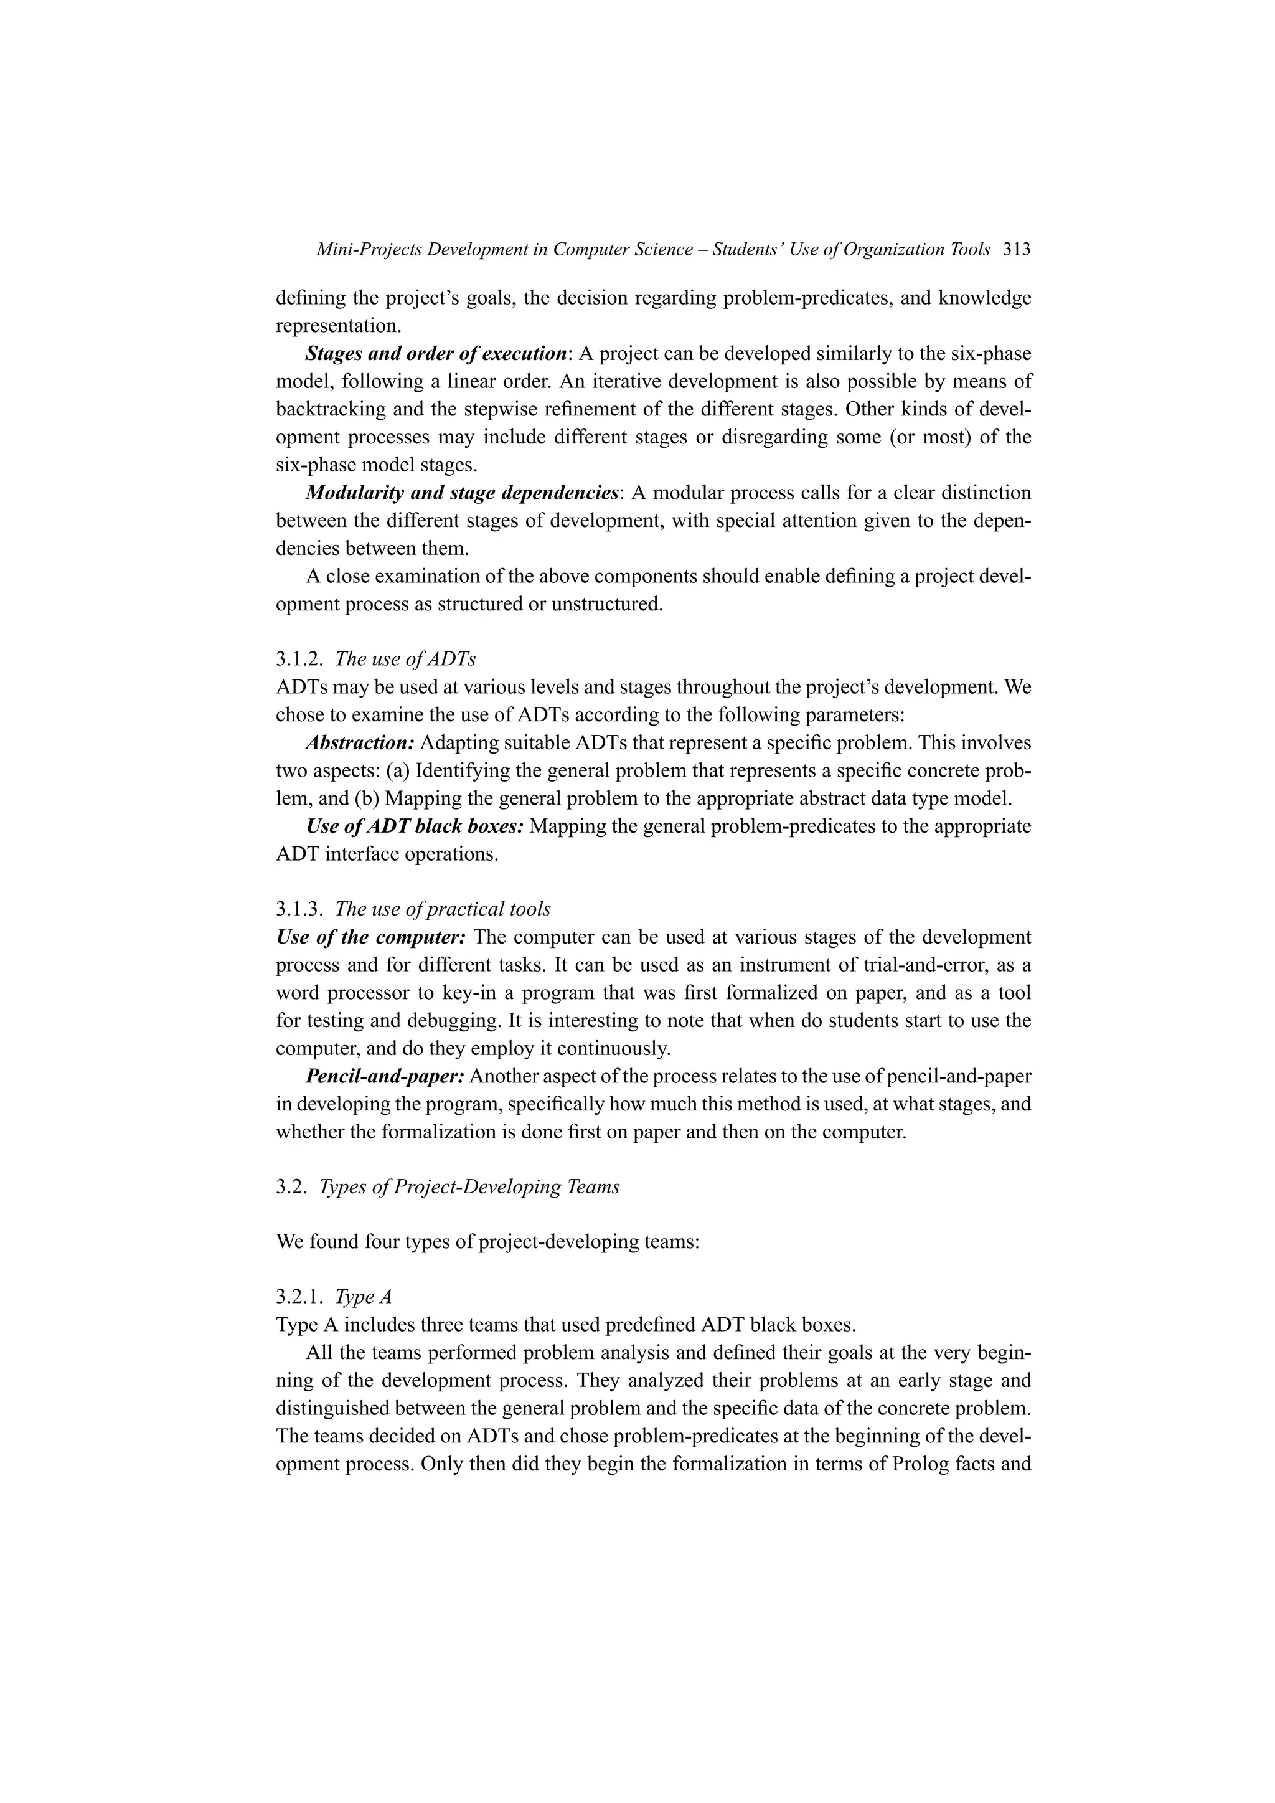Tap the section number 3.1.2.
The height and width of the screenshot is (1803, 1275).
tap(300, 659)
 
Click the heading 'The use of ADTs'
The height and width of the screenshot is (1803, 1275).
tap(405, 659)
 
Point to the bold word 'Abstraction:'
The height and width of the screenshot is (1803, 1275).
tap(360, 743)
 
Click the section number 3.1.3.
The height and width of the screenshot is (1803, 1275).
tap(300, 909)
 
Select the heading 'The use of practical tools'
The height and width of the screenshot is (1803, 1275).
tap(443, 909)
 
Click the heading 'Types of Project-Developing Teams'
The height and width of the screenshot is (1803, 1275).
tap(469, 1186)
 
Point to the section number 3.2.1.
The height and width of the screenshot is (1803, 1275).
tap(300, 1297)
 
